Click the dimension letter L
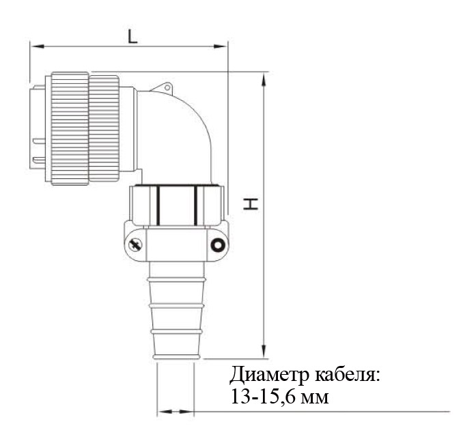pos(132,37)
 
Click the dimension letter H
pos(251,203)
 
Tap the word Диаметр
pos(270,375)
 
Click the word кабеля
pos(347,375)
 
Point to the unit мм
pos(315,398)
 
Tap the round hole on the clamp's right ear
pos(218,245)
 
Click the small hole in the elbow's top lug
pos(167,88)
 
